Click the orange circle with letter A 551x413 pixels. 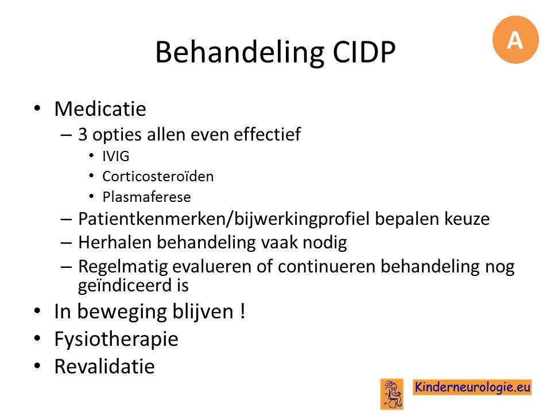tap(515, 40)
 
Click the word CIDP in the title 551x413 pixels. tap(364, 52)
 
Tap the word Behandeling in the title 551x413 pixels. tap(240, 53)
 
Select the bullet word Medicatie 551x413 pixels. tap(100, 108)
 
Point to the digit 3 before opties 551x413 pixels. tap(83, 134)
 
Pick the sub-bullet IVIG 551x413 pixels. tap(115, 156)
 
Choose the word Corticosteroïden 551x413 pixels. tap(158, 176)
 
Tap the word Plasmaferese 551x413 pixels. tap(146, 197)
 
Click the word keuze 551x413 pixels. tap(467, 219)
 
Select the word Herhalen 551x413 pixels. tap(115, 242)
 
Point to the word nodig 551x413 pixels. tap(325, 243)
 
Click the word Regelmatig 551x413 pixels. tap(123, 267)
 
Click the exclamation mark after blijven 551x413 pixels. tap(242, 311)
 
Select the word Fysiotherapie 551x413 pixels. tap(117, 340)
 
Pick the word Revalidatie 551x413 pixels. tap(104, 367)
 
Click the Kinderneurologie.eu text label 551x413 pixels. tap(472, 387)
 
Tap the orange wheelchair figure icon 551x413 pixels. tap(392, 394)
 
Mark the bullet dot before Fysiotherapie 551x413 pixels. tap(37, 338)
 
